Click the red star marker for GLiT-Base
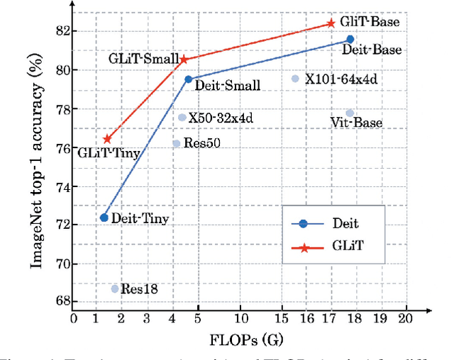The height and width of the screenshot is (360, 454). (x=331, y=23)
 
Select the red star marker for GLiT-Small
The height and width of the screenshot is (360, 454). (x=184, y=60)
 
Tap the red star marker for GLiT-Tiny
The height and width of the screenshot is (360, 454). (x=107, y=139)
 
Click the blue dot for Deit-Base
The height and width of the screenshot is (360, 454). (x=350, y=40)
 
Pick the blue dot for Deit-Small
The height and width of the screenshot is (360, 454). (x=188, y=79)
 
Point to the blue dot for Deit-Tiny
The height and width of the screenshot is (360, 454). (x=104, y=218)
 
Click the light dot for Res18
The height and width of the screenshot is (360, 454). (x=115, y=288)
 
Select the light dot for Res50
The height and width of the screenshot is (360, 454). (x=177, y=143)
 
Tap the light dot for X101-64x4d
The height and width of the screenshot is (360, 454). (x=295, y=79)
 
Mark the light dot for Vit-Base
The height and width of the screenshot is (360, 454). (x=350, y=113)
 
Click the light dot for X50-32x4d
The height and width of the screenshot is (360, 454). (x=182, y=118)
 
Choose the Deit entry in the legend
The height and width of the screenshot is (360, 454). (x=326, y=223)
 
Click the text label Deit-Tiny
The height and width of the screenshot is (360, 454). (x=141, y=219)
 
